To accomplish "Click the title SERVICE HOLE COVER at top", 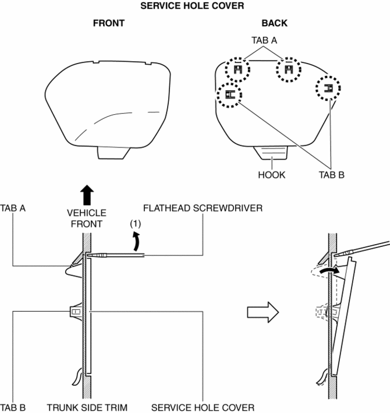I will (x=195, y=5).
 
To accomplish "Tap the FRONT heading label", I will (x=108, y=24).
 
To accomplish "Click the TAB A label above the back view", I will (x=264, y=42).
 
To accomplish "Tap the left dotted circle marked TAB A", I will (x=237, y=70).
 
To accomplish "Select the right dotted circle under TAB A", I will (x=289, y=70).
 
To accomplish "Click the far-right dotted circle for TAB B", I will (x=328, y=89).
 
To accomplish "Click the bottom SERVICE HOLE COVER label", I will (x=203, y=407).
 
